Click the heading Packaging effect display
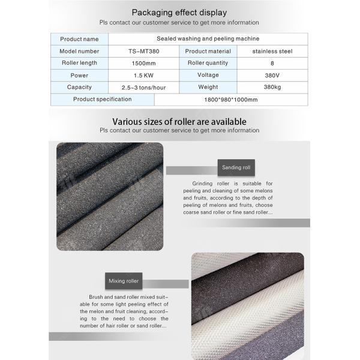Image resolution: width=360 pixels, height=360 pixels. [179, 12]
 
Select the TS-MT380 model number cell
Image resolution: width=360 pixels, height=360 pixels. [143, 52]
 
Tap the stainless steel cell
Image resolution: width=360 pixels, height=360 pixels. [273, 52]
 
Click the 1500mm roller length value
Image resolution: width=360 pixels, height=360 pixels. [143, 63]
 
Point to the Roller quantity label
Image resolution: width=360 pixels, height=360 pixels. [208, 63]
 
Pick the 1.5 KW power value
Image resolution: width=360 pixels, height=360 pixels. [143, 75]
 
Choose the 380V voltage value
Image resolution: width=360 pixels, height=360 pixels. [273, 75]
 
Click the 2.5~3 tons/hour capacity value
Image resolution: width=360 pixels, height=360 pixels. [143, 87]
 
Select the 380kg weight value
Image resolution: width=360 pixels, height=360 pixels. [273, 87]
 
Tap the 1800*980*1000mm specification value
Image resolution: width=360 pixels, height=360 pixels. [231, 100]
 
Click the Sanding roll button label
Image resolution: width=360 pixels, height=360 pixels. [232, 167]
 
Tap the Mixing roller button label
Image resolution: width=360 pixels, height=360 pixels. [124, 280]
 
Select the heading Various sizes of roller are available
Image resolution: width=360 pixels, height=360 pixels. [179, 122]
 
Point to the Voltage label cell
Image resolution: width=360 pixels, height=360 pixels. [208, 75]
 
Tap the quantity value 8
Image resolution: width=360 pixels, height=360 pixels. [273, 63]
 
